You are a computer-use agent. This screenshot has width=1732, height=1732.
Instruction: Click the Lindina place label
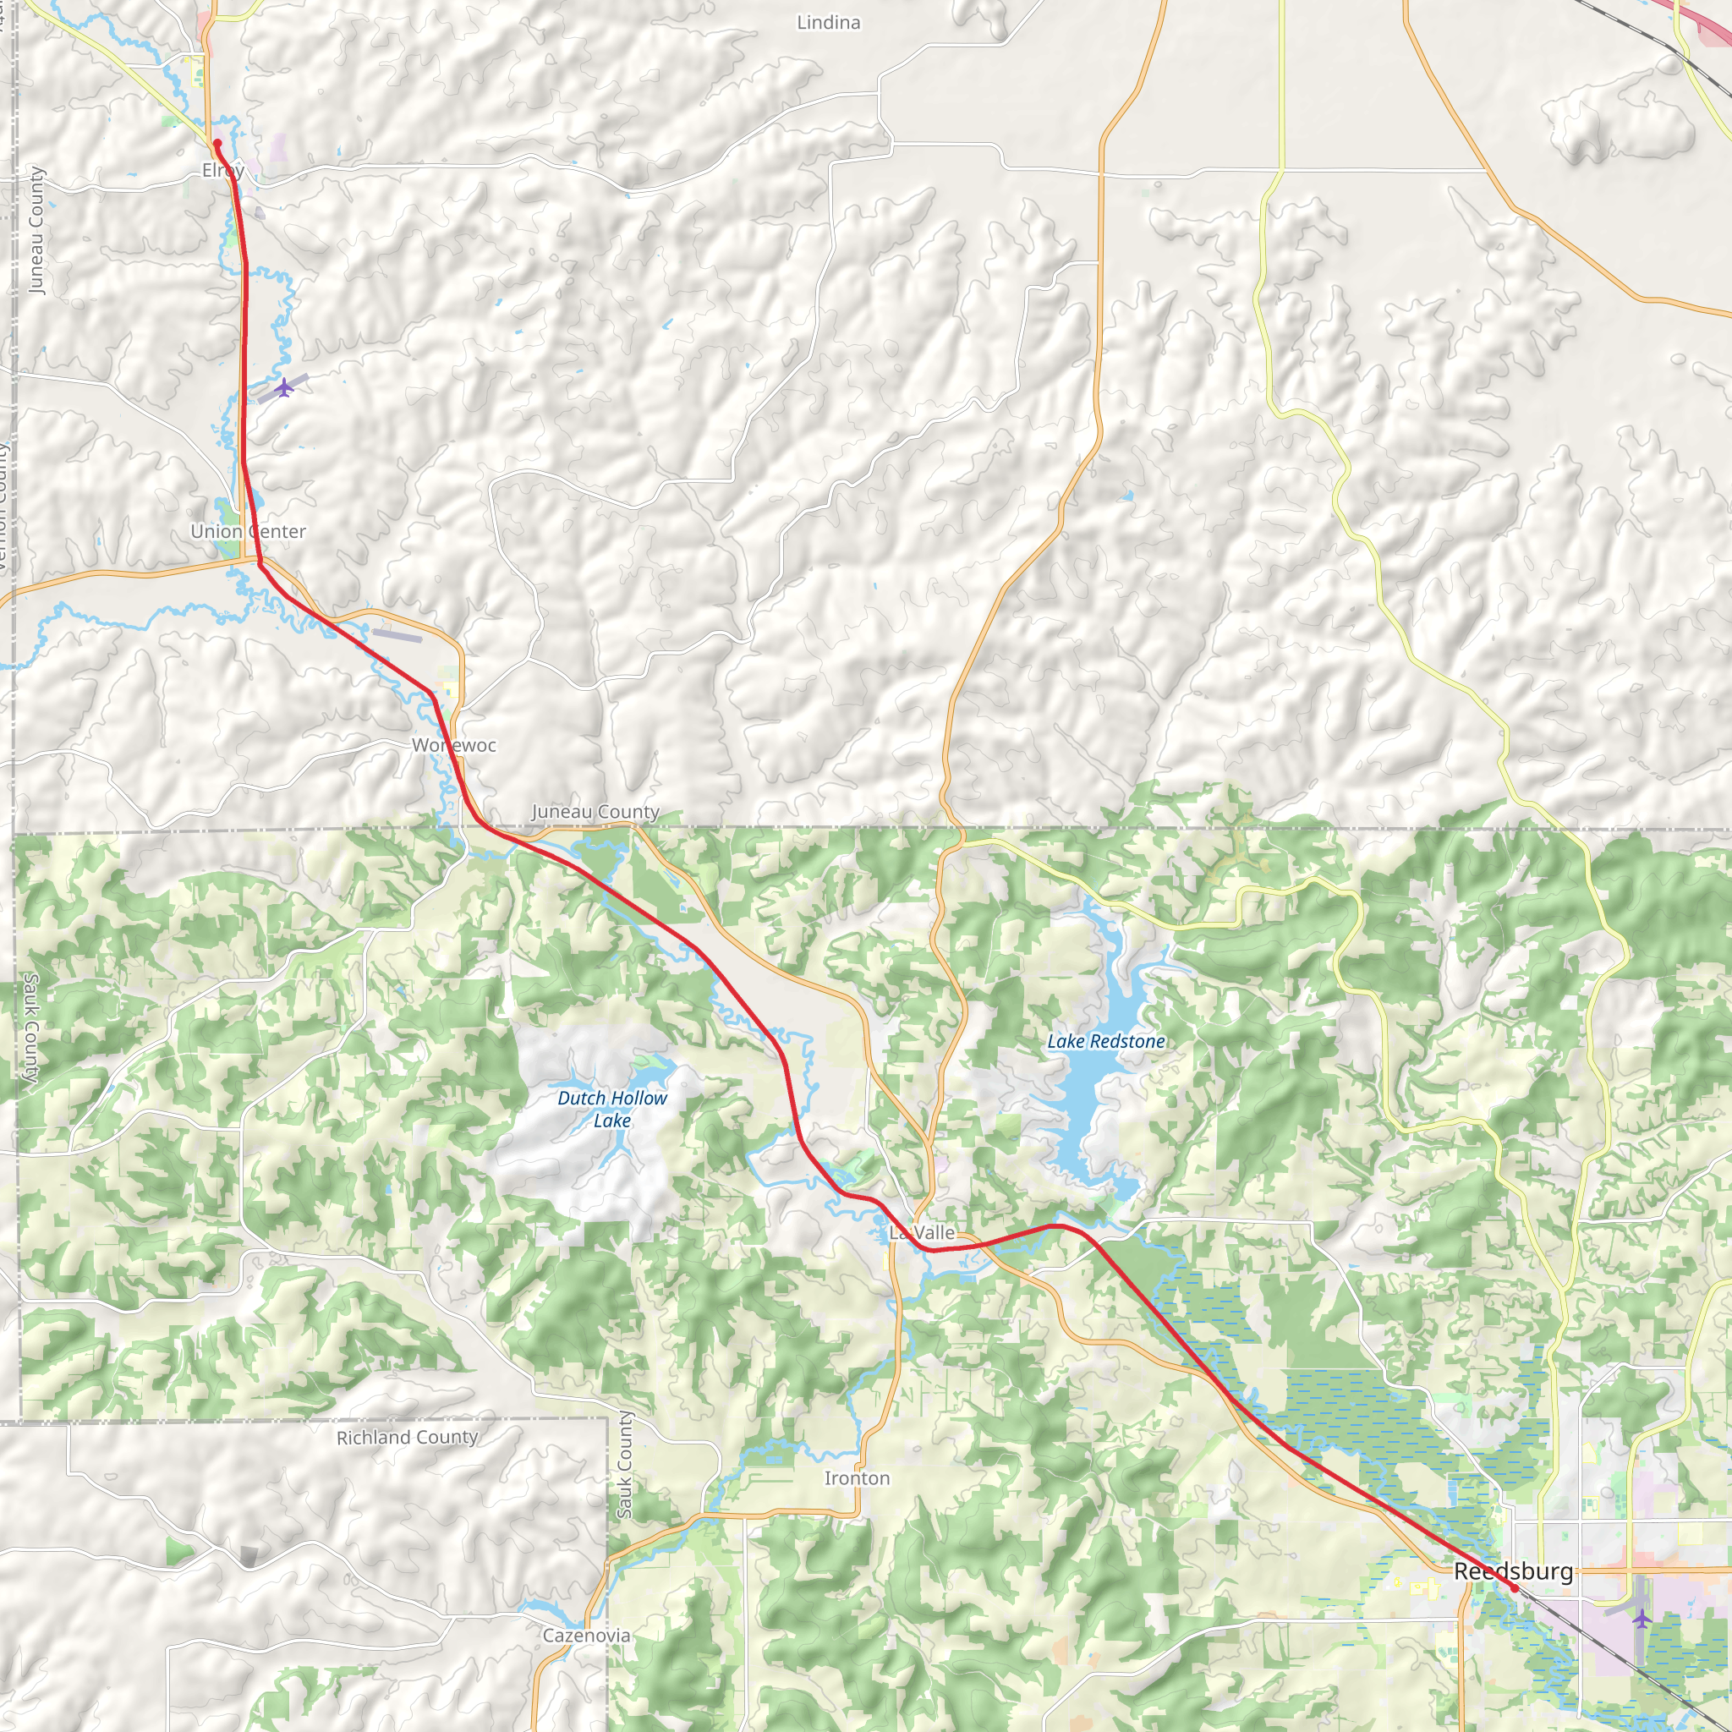click(x=828, y=23)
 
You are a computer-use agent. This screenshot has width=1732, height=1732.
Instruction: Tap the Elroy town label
click(x=222, y=170)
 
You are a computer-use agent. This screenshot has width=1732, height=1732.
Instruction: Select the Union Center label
click(x=249, y=532)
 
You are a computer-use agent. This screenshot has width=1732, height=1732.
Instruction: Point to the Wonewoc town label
click(x=453, y=745)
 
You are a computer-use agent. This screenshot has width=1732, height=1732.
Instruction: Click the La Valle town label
click(x=922, y=1233)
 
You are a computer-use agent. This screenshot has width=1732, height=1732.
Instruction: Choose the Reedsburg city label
click(x=1513, y=1571)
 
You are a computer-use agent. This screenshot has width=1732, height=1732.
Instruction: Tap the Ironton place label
click(x=857, y=1478)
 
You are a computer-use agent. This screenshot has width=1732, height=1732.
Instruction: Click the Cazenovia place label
click(x=586, y=1636)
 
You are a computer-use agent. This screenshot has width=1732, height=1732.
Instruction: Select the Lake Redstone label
click(x=1106, y=1041)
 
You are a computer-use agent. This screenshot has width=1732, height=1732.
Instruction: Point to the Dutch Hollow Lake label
click(x=612, y=1109)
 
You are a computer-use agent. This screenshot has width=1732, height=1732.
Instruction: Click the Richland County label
click(x=407, y=1437)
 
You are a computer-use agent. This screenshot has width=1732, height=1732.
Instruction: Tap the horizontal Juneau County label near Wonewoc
click(x=595, y=811)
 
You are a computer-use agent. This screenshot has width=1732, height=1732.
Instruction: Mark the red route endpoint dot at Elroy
click(x=217, y=144)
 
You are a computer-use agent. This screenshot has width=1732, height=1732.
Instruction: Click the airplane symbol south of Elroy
click(x=284, y=387)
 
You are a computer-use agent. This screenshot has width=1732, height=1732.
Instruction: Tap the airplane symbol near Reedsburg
click(x=1642, y=1619)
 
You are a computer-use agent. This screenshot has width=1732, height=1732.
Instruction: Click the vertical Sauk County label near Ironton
click(x=624, y=1465)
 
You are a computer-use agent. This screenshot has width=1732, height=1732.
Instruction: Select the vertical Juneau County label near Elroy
click(x=36, y=230)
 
